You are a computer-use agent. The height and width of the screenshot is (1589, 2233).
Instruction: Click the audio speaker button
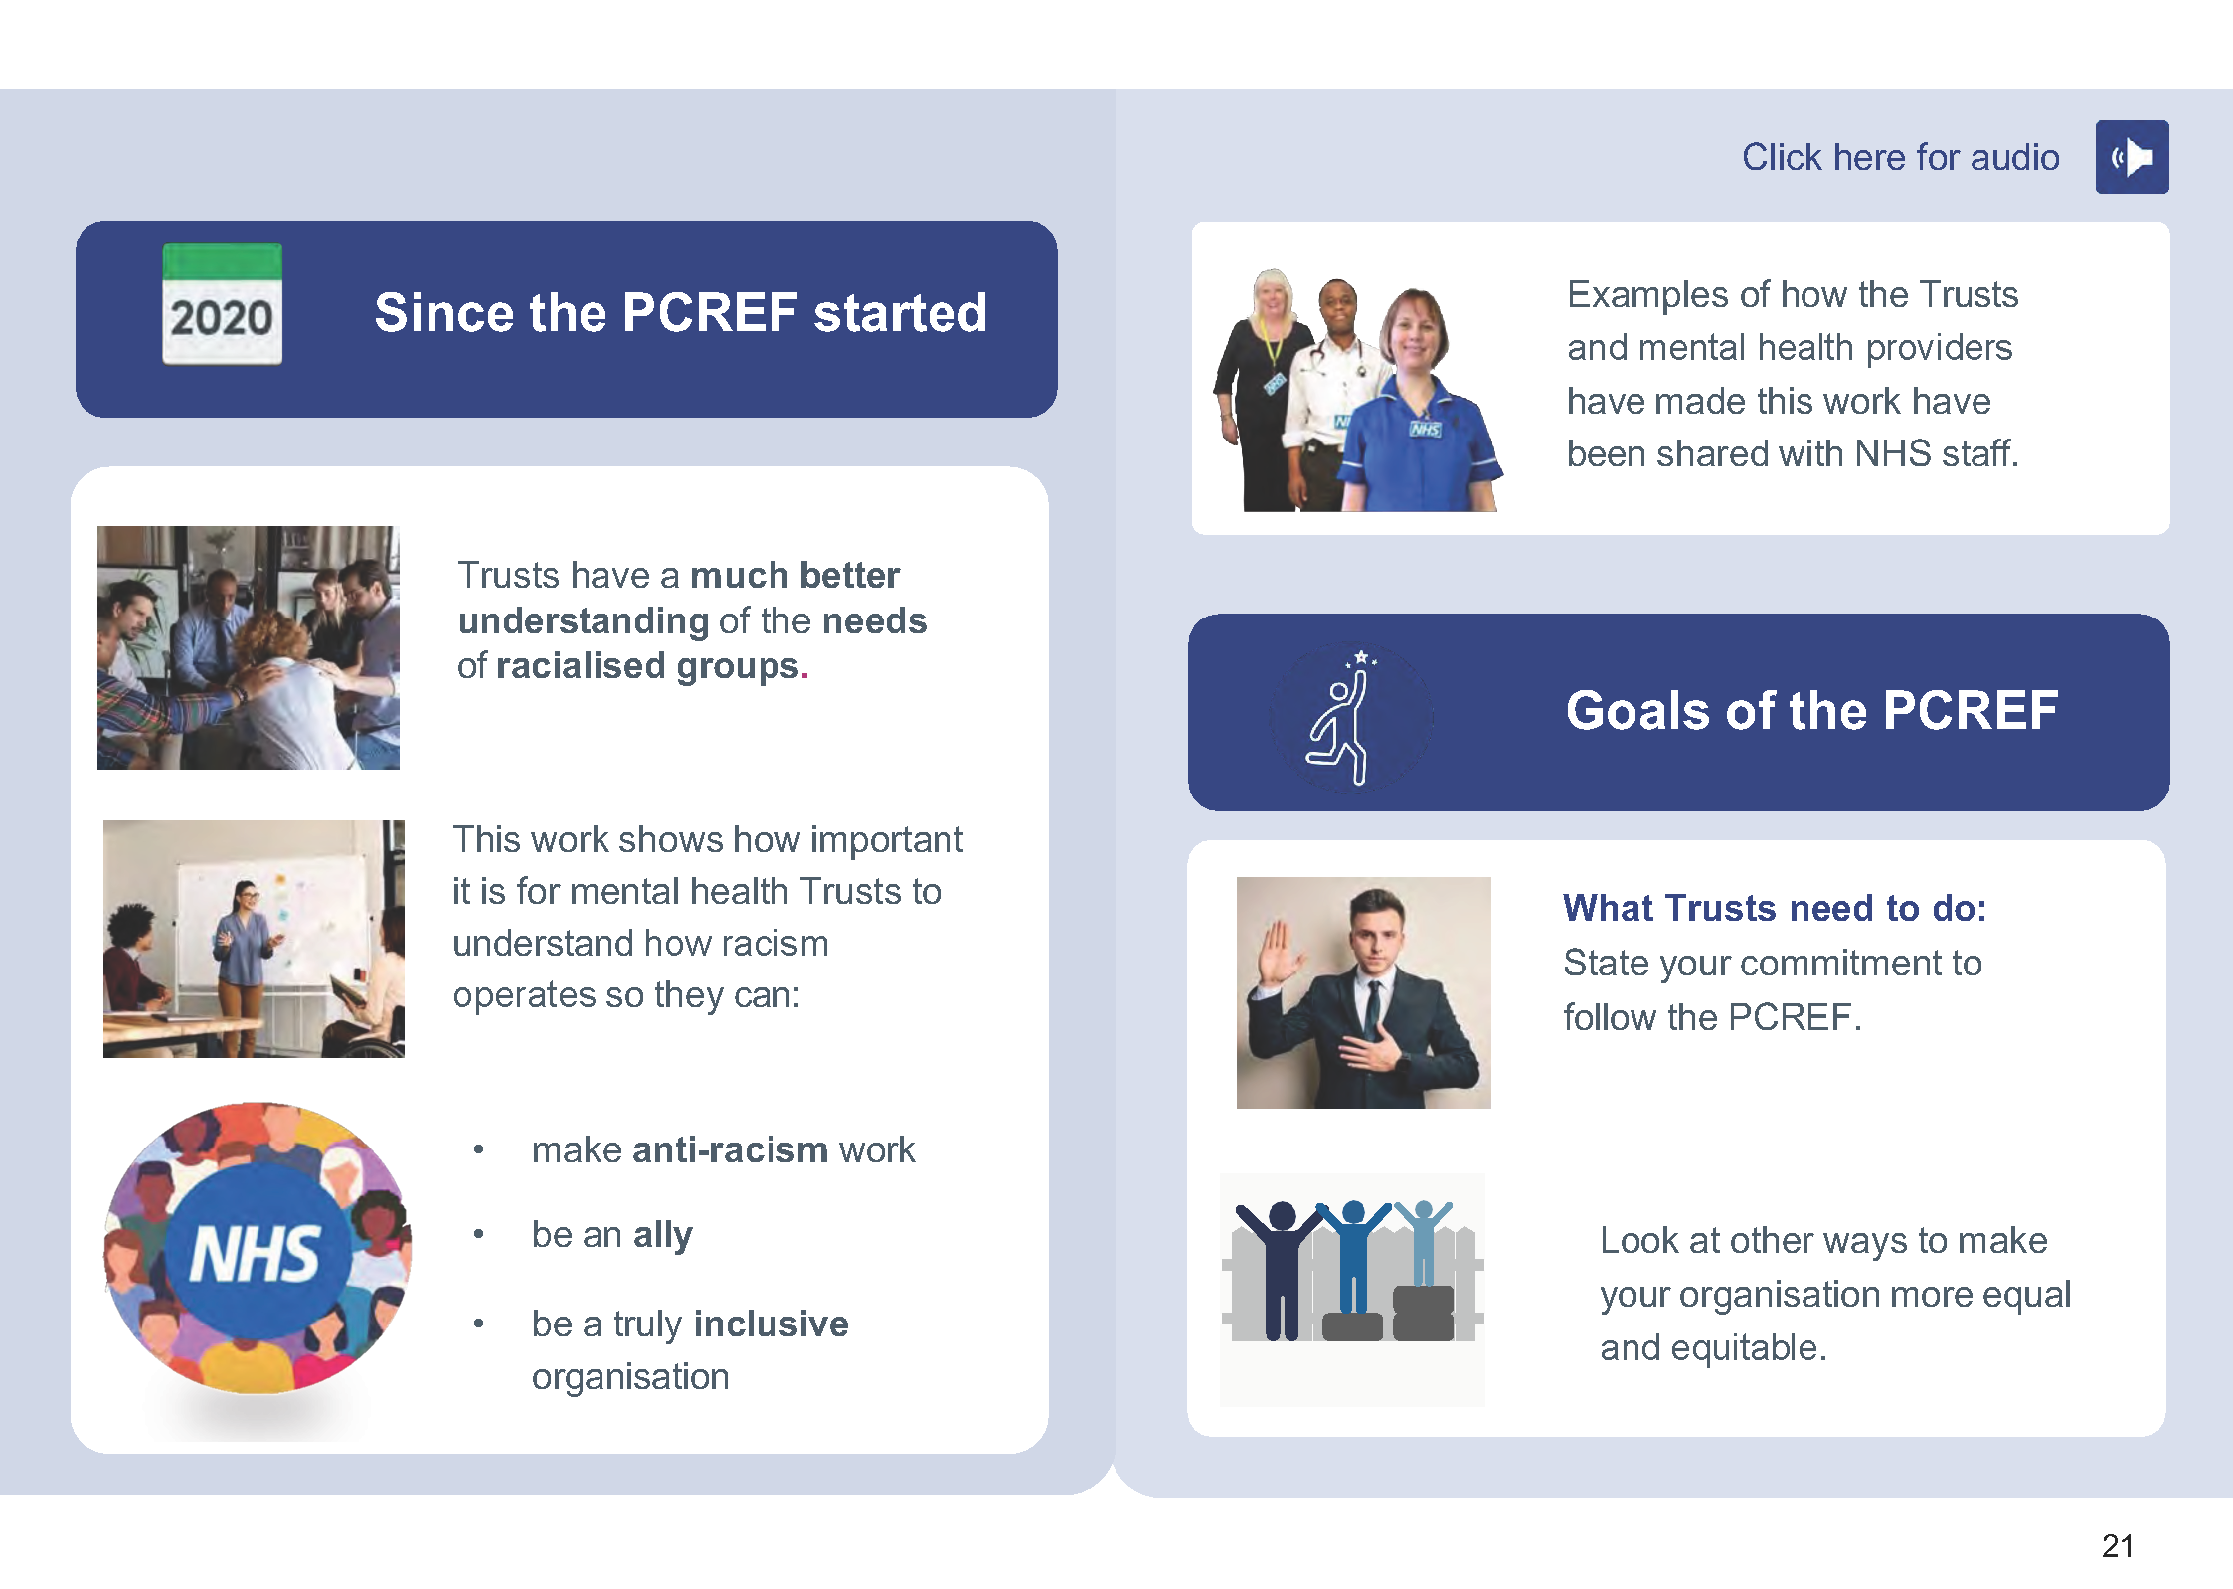2131,157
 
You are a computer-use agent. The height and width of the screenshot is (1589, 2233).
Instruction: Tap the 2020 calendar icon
222,304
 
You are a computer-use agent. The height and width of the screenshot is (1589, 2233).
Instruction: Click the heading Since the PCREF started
680,313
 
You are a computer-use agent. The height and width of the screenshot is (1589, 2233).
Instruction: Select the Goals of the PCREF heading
1810,711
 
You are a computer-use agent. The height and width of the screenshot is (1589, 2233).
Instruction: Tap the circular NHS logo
258,1249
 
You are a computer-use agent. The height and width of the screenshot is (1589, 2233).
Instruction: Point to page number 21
2117,1545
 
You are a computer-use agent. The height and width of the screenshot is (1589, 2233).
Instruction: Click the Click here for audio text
1899,157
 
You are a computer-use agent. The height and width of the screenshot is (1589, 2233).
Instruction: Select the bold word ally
662,1235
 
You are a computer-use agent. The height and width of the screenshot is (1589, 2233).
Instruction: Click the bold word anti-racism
730,1149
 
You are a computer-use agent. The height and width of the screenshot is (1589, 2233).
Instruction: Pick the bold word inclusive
771,1324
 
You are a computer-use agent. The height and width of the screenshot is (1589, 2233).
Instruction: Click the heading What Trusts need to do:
1774,908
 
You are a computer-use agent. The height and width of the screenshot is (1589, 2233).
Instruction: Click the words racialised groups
646,666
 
